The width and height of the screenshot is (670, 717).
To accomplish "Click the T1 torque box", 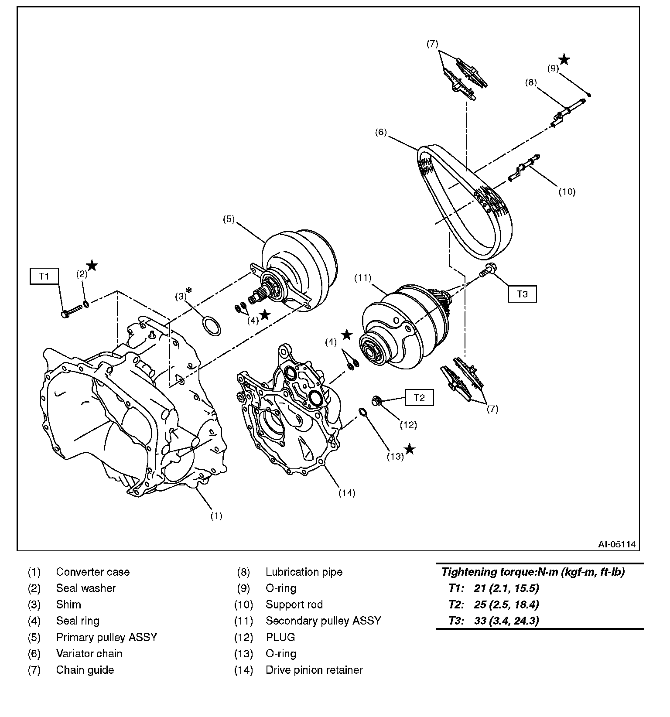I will pyautogui.click(x=44, y=276).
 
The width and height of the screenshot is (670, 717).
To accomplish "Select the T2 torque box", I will pyautogui.click(x=419, y=397).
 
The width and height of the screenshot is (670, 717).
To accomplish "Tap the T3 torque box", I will pyautogui.click(x=522, y=294).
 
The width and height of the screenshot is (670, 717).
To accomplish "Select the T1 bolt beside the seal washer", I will pyautogui.click(x=72, y=311).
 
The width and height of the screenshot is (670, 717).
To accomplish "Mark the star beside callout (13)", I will pyautogui.click(x=410, y=449).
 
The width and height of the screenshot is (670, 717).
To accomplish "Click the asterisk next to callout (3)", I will pyautogui.click(x=189, y=290).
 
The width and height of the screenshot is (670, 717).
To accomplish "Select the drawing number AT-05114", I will pyautogui.click(x=616, y=544).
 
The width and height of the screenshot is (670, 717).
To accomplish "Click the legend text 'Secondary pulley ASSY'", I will pyautogui.click(x=323, y=621).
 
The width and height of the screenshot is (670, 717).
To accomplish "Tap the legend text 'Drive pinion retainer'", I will pyautogui.click(x=314, y=670).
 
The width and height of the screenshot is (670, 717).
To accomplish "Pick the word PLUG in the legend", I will pyautogui.click(x=280, y=637).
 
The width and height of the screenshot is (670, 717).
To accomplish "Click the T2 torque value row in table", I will pyautogui.click(x=494, y=604).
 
